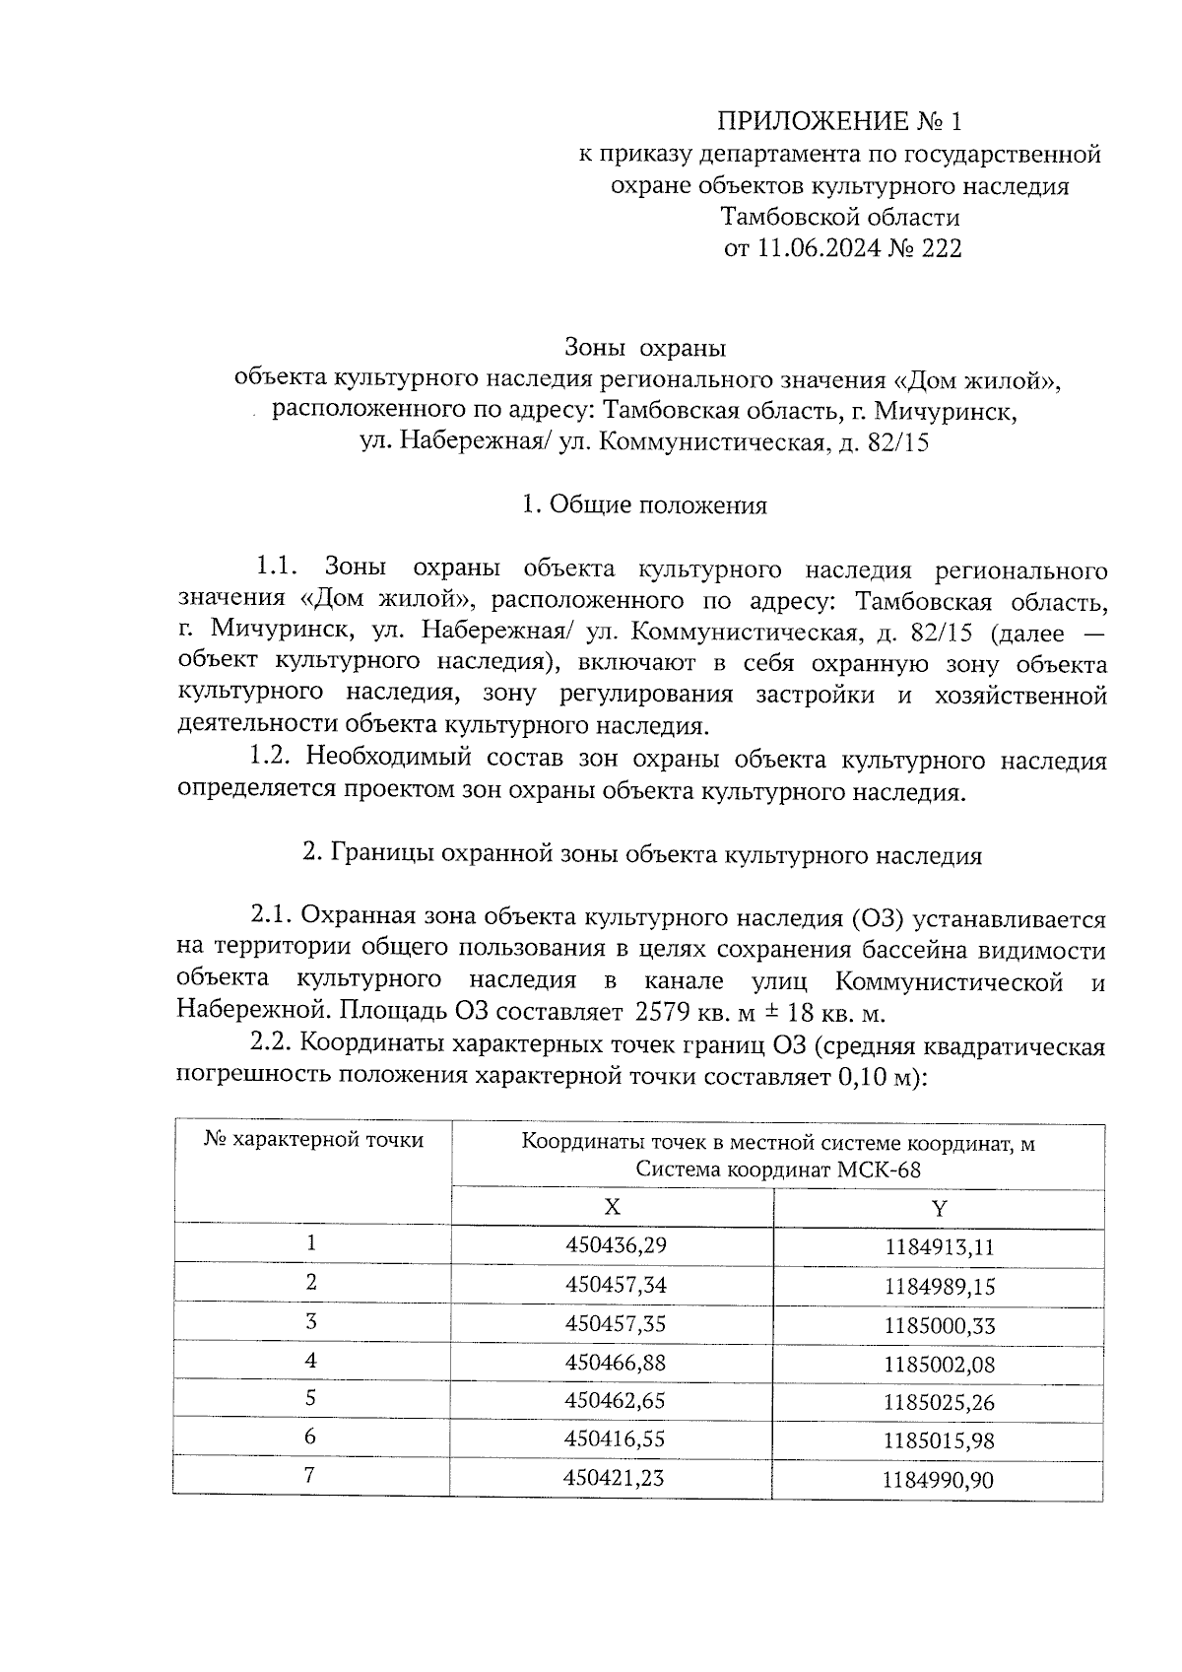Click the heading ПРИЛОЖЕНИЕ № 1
(837, 121)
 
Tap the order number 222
(940, 248)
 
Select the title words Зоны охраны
(645, 348)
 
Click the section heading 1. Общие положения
(644, 505)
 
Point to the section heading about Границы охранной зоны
(642, 854)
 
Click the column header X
(612, 1208)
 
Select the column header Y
(939, 1209)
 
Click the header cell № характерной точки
(313, 1140)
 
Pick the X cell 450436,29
(616, 1245)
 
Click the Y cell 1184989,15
(939, 1286)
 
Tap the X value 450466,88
(616, 1362)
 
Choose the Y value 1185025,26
(939, 1402)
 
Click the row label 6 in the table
(310, 1437)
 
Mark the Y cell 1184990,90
(938, 1479)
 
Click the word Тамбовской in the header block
(785, 216)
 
